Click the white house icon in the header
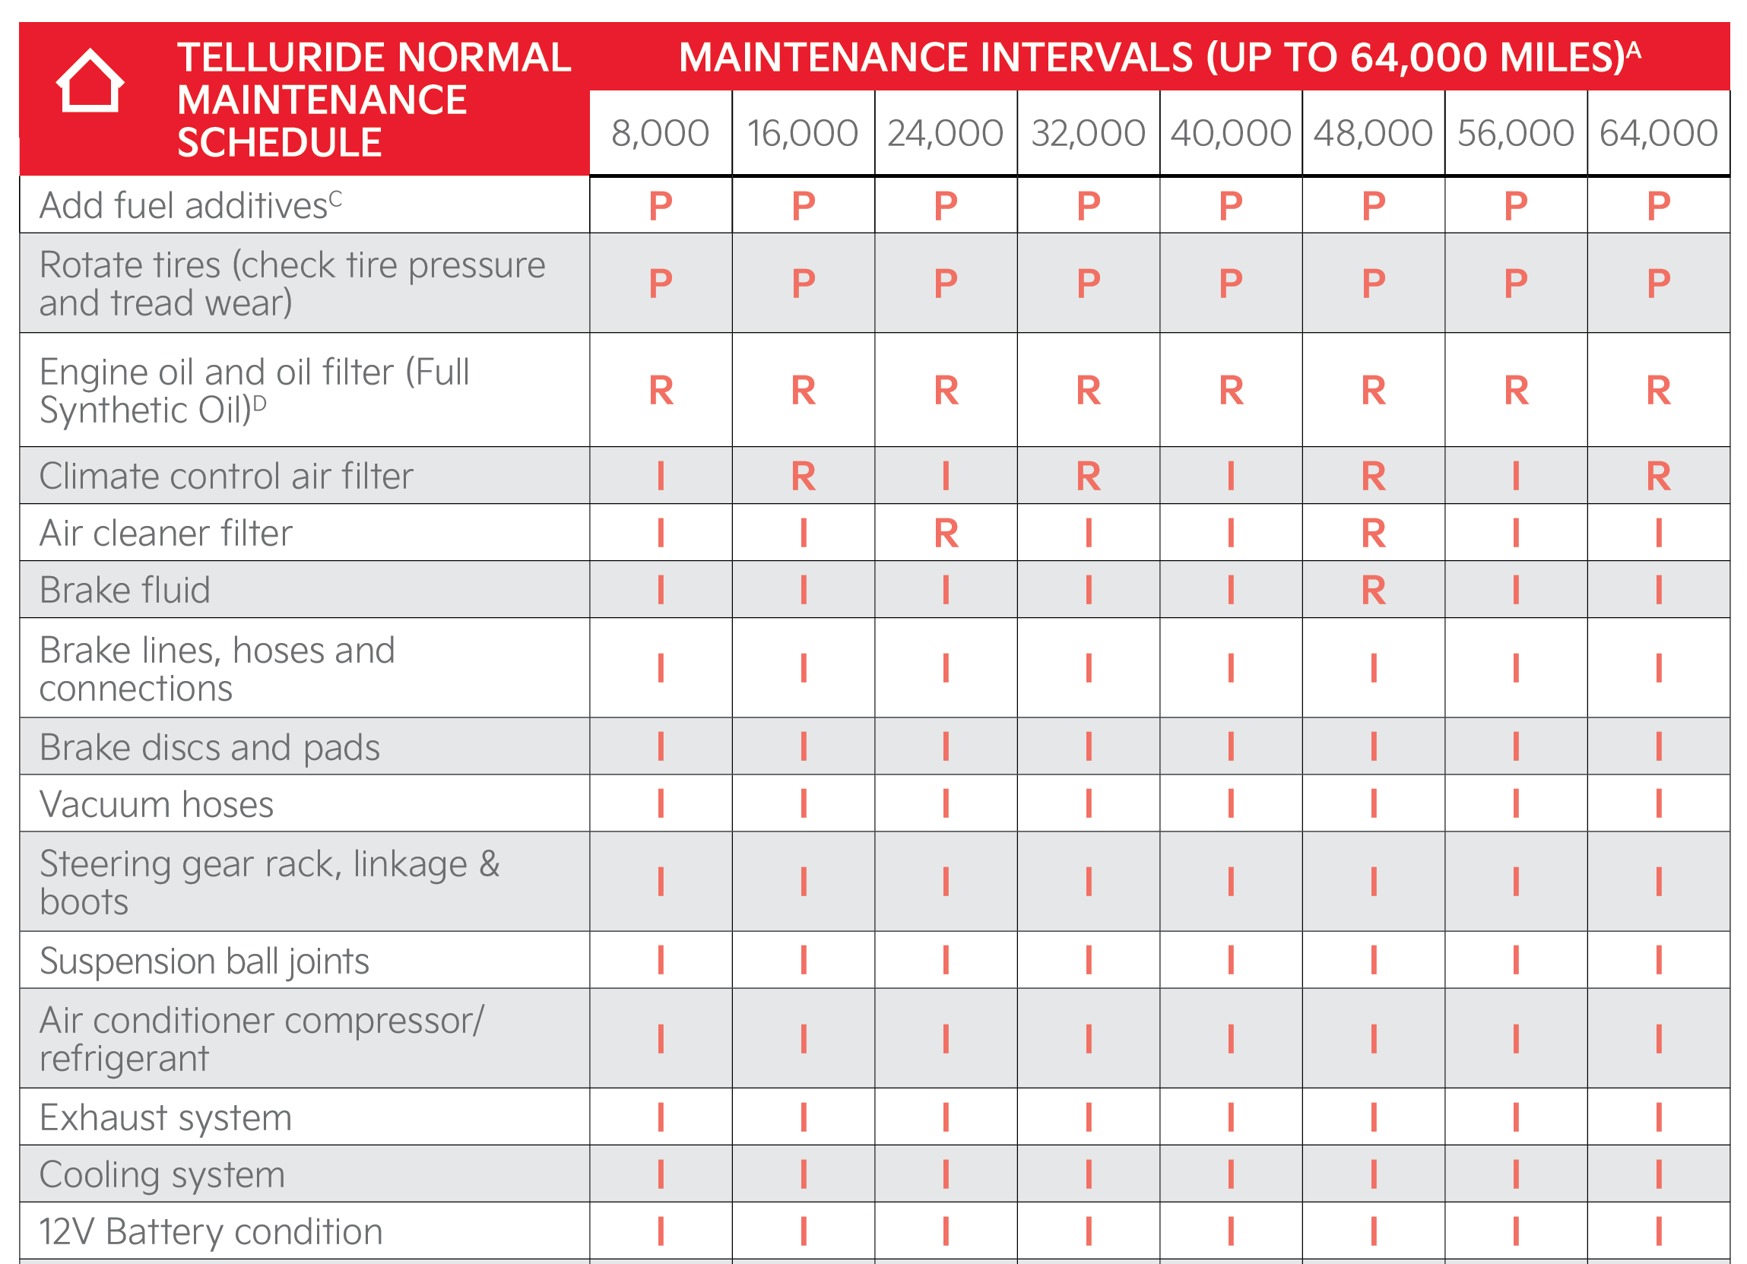90,81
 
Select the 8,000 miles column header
660,133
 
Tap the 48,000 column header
1373,133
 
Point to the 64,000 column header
1658,133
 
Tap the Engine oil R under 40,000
1231,391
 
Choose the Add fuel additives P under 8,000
660,206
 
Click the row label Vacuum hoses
157,804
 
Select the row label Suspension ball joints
205,961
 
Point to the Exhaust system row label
166,1117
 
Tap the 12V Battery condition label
211,1231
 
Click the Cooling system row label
162,1174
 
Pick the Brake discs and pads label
210,747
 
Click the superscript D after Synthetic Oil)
259,403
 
